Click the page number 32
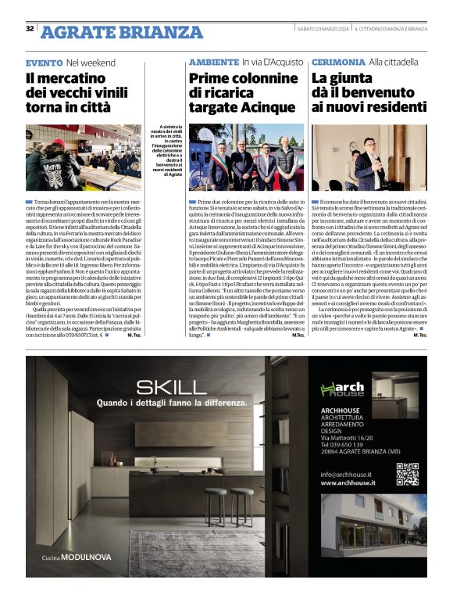tap(30, 29)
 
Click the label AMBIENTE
tap(214, 62)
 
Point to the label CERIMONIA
tap(337, 62)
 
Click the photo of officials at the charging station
tap(246, 157)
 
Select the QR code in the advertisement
tap(407, 475)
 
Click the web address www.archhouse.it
tap(348, 483)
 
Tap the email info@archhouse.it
tap(346, 474)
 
